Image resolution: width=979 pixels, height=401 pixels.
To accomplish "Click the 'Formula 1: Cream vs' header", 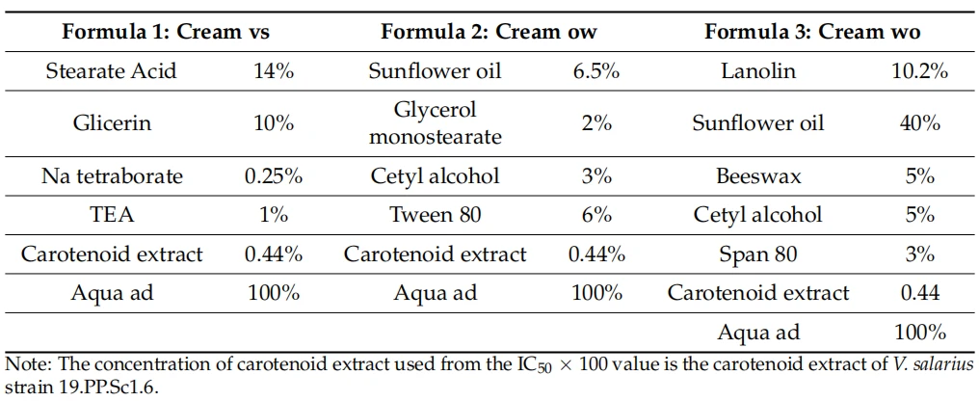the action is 166,32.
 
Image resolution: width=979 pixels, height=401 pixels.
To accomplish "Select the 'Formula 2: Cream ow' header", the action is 489,32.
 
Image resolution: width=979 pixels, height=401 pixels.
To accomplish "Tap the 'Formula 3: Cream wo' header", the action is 813,32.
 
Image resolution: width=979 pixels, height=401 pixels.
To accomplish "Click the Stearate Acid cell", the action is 111,71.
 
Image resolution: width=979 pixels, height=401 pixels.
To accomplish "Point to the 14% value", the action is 274,71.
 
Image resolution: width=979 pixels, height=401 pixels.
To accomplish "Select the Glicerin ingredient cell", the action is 111,123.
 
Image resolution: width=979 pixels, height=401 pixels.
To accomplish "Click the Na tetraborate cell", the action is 113,176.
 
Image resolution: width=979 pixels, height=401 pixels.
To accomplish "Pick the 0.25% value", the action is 274,176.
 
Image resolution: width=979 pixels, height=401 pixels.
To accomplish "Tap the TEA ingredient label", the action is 111,216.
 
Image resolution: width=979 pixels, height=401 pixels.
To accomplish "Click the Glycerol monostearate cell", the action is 436,123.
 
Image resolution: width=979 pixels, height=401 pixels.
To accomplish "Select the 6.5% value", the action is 595,71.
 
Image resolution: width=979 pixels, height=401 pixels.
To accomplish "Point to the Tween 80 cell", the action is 436,216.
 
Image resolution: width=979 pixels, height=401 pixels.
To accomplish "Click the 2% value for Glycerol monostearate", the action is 595,123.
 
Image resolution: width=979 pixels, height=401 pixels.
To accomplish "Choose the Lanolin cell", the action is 758,71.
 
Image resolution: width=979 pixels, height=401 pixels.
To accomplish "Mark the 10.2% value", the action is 919,71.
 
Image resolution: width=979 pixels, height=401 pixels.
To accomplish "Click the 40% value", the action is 919,123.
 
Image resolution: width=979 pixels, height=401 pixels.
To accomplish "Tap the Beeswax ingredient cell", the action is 758,176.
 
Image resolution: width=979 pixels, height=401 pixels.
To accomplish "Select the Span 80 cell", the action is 758,254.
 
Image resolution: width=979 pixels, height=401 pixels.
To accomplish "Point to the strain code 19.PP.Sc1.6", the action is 95,387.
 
